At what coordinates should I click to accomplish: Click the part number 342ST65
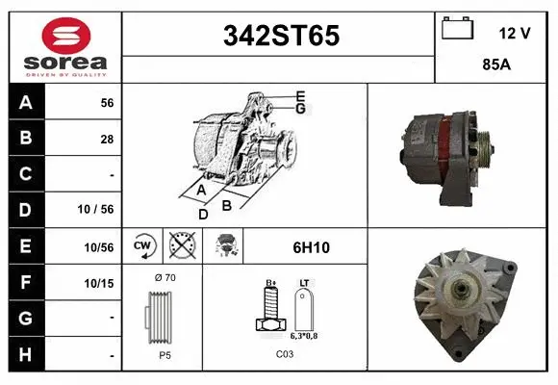pos(281,36)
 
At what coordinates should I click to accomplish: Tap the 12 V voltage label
pos(515,33)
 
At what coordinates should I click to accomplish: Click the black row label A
pos(25,102)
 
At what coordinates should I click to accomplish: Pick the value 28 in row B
pos(106,139)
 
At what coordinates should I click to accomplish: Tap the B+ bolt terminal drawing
pos(271,311)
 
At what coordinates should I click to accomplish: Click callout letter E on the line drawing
pos(301,96)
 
